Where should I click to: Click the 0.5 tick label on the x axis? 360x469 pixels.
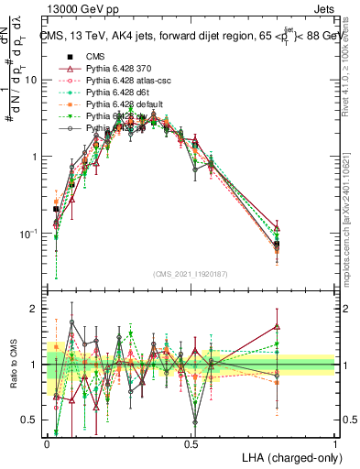(191, 442)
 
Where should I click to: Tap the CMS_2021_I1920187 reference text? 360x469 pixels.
(191, 275)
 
